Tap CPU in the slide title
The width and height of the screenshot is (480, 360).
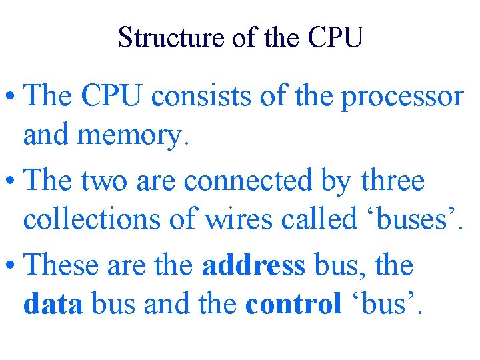336,37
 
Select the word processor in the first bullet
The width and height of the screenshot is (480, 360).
402,97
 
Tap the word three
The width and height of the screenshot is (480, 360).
389,181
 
